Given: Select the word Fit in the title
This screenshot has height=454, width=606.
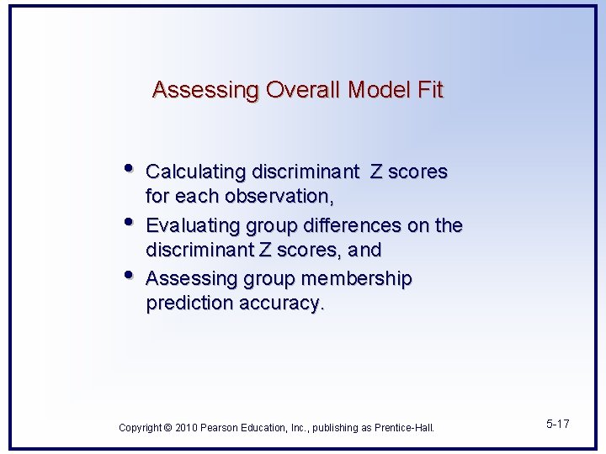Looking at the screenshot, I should [429, 90].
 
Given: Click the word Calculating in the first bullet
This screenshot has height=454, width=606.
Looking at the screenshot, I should [190, 172].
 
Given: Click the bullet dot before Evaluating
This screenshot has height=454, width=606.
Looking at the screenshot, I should [127, 221].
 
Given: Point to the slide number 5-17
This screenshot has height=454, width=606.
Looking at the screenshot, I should [557, 424].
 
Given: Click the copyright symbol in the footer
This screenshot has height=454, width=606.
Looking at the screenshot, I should [168, 428].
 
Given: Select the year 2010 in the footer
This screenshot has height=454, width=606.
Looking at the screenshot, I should [186, 428].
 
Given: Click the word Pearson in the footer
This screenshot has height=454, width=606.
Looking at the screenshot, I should [221, 428].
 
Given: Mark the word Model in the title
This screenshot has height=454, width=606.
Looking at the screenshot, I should [380, 90].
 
